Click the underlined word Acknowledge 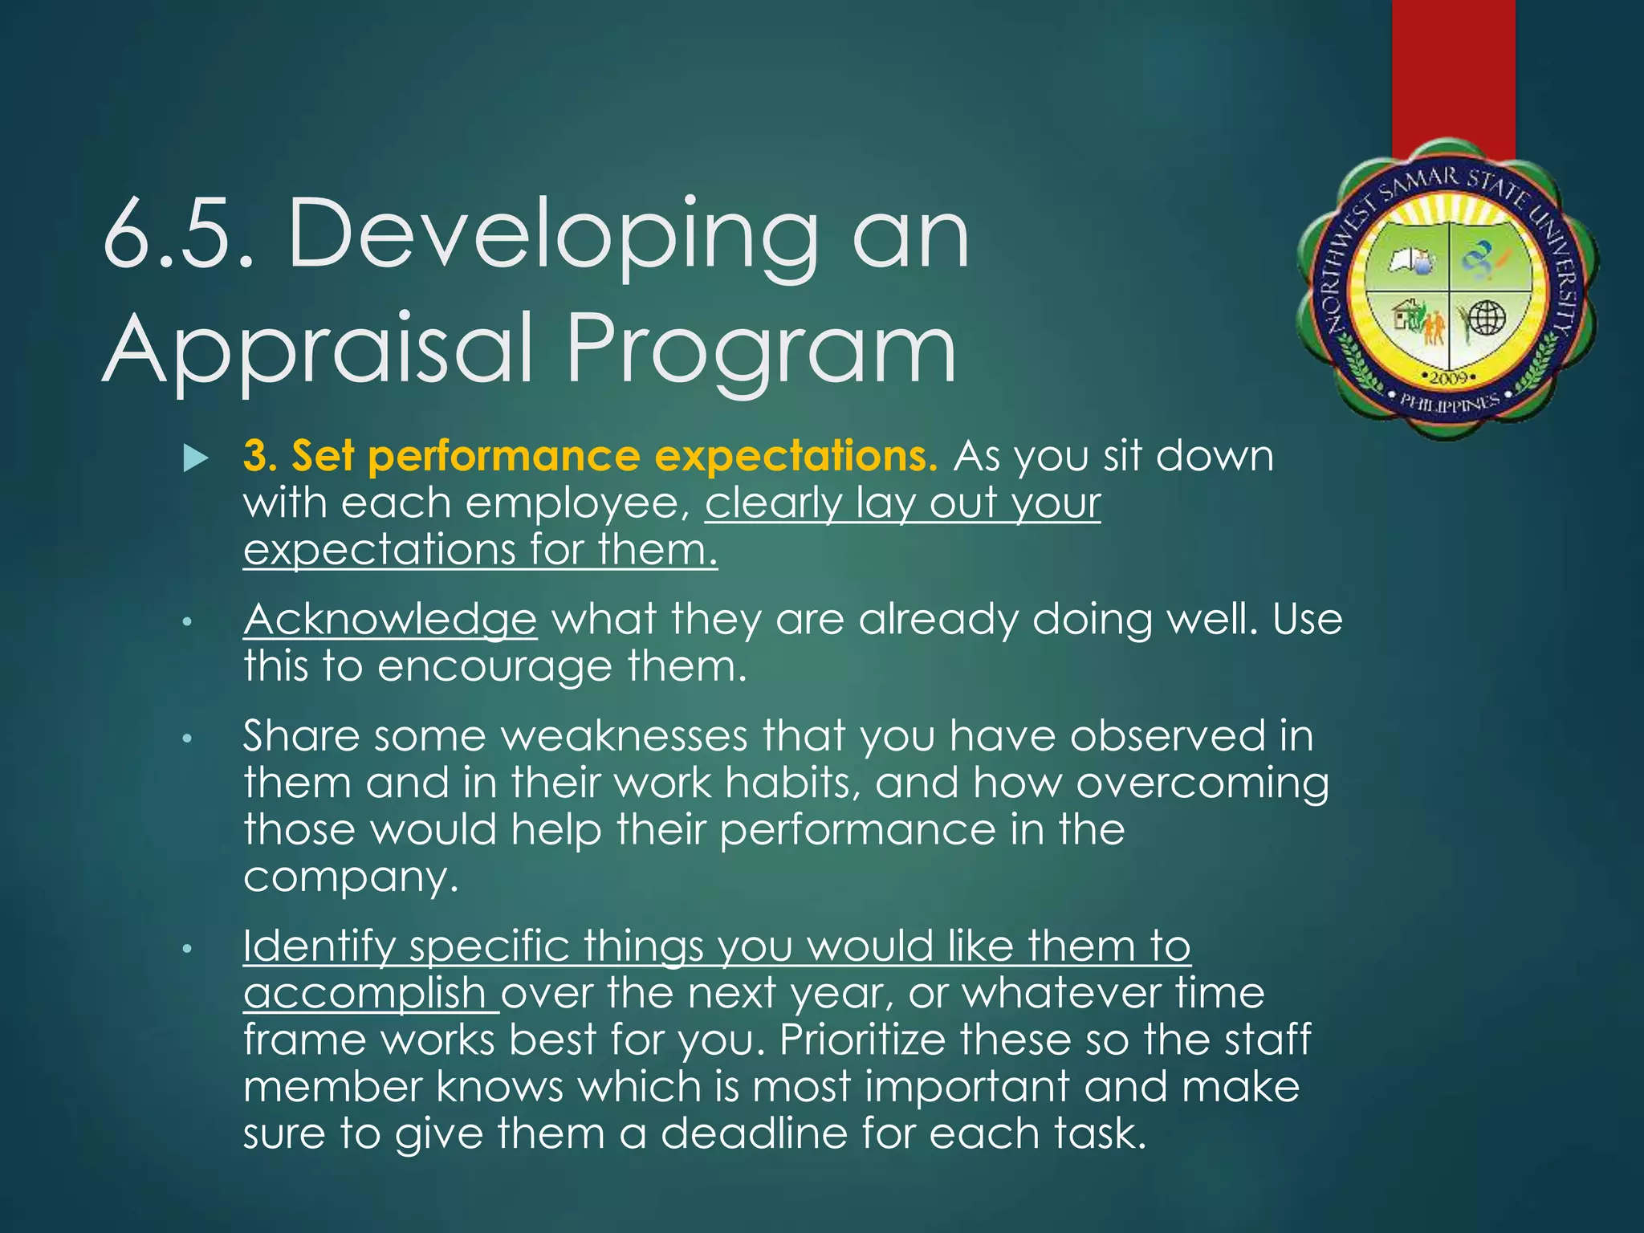click(x=390, y=620)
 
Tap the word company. click(x=350, y=877)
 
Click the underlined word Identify click(x=319, y=946)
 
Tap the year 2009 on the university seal click(x=1449, y=377)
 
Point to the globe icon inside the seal click(x=1487, y=317)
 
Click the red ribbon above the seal click(x=1453, y=72)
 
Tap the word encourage click(x=494, y=667)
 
